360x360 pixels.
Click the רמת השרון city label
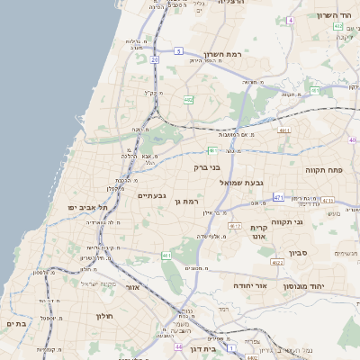click(x=223, y=54)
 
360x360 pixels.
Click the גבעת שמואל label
click(x=242, y=182)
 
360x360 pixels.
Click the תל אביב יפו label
click(x=87, y=207)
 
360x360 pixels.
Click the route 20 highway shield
click(x=154, y=59)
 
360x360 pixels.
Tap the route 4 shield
click(x=291, y=20)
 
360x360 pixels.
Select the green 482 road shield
click(x=188, y=100)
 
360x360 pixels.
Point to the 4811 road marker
click(x=284, y=130)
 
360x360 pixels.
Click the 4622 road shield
click(x=276, y=262)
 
